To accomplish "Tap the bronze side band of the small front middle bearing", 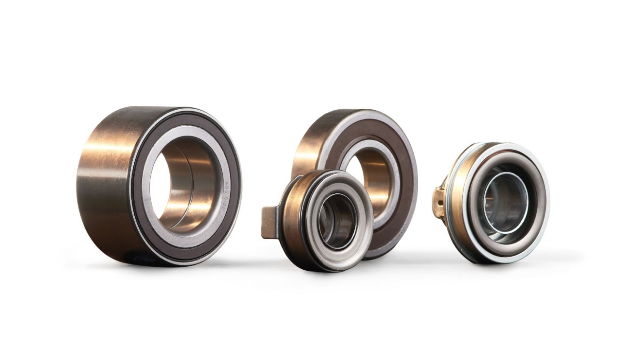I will click(291, 222).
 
